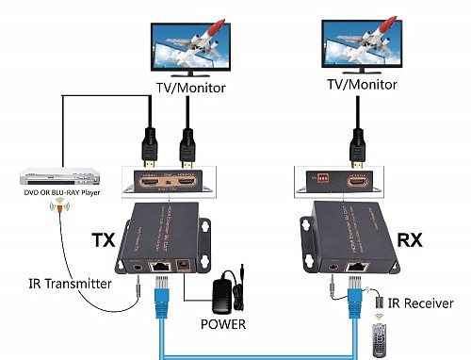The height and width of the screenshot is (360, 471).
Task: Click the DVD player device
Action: (50, 176)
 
